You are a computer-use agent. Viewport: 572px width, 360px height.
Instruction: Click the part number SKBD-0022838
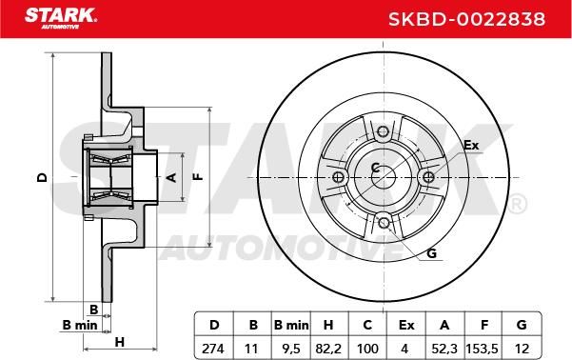coord(466,19)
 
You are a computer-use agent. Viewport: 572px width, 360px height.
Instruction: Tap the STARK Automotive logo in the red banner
coord(61,18)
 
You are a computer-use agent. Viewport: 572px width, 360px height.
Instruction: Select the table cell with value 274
coord(213,349)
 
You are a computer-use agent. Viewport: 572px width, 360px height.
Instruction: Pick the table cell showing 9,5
coord(290,349)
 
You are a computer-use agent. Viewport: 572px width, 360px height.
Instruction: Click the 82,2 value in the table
coord(328,349)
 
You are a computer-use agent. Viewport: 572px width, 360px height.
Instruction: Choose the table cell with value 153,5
coord(482,349)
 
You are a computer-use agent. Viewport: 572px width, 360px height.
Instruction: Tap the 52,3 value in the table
coord(444,349)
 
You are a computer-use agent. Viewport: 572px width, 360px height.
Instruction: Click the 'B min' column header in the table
coord(290,324)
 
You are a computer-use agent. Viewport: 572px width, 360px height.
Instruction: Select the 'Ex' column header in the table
coord(406,324)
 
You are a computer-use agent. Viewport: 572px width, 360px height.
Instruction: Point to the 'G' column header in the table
coord(522,324)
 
